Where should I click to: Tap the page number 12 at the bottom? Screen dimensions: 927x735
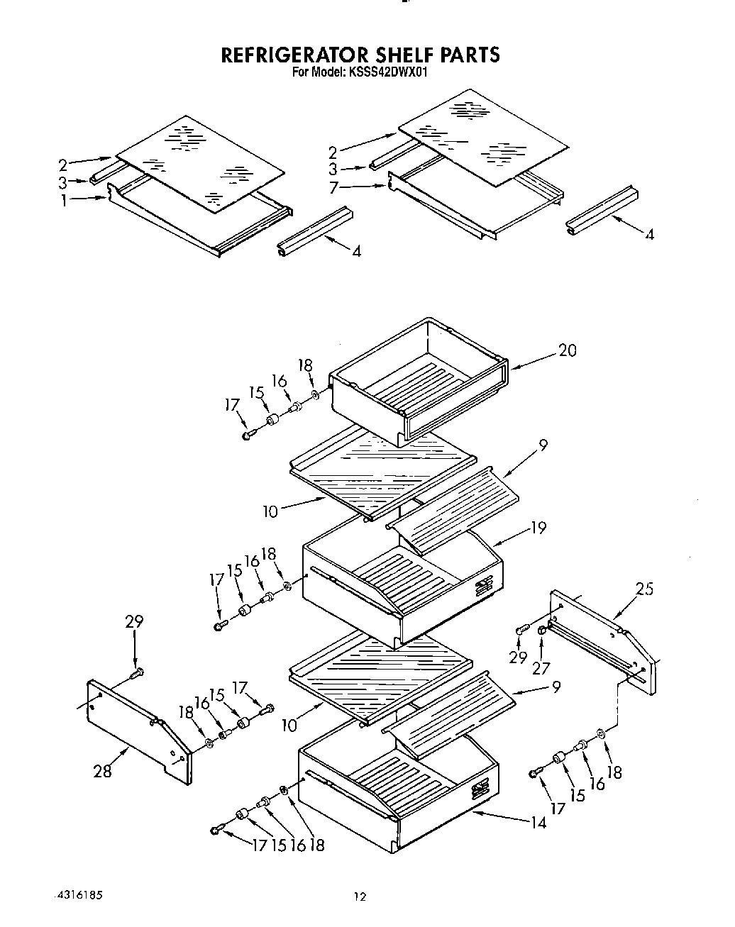point(360,897)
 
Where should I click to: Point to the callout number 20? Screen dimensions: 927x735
point(567,350)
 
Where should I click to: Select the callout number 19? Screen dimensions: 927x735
point(538,528)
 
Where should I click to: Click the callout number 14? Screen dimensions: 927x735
point(538,822)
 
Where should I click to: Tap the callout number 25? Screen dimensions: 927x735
point(644,588)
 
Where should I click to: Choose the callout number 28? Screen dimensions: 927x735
point(103,770)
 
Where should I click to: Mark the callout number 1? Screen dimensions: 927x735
point(65,201)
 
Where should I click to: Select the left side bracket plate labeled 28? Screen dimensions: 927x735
point(138,731)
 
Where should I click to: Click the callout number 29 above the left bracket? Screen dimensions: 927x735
point(134,621)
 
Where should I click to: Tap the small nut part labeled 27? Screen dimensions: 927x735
point(543,630)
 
